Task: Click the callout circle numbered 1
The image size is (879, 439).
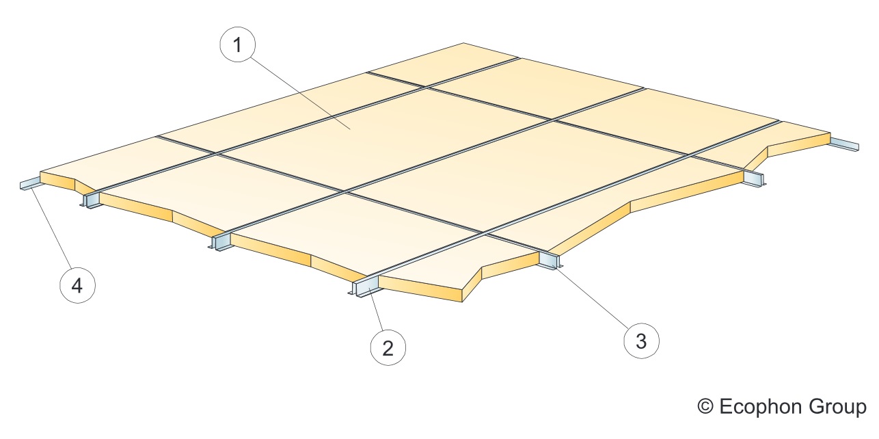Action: tap(237, 44)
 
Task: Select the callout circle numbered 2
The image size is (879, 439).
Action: tap(388, 348)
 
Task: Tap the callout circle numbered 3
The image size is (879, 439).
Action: tap(641, 341)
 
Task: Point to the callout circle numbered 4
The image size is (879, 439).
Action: tap(77, 285)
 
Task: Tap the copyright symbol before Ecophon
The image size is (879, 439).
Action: tap(705, 407)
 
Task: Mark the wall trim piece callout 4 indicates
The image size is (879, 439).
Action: tap(30, 183)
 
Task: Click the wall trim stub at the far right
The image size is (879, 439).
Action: tap(844, 144)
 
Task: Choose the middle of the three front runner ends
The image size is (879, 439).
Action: tap(220, 241)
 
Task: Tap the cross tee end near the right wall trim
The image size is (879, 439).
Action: tap(753, 178)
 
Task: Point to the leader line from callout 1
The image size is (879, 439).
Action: tap(300, 93)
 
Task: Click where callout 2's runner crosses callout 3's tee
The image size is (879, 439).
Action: tap(485, 235)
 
